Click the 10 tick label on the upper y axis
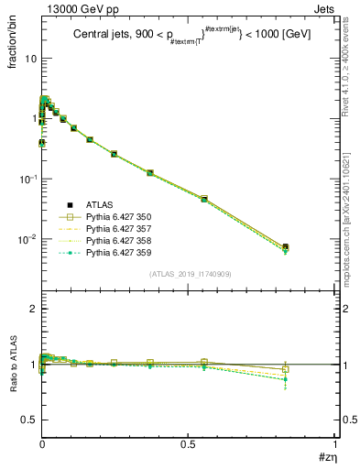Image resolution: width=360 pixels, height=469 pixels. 29,58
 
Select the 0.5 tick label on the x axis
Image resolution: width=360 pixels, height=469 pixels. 188,443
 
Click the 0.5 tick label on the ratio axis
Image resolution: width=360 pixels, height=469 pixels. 28,420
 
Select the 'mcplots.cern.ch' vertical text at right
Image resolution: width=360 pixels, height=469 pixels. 348,211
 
